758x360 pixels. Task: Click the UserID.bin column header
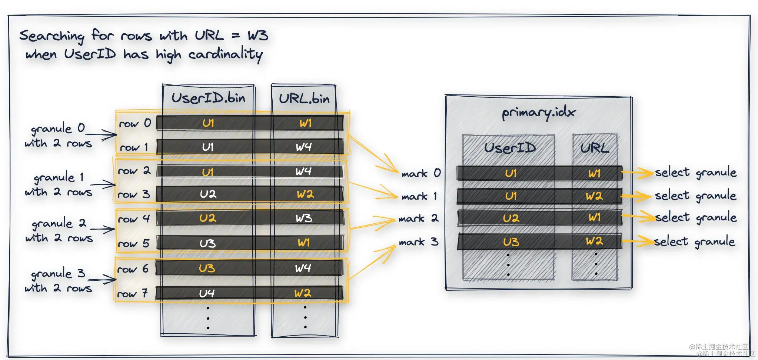pyautogui.click(x=208, y=98)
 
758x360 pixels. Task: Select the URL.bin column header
pyautogui.click(x=304, y=99)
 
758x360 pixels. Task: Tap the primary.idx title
pyautogui.click(x=538, y=113)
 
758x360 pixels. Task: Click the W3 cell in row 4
pyautogui.click(x=304, y=218)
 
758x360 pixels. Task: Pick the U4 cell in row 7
pyautogui.click(x=207, y=294)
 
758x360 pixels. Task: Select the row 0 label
pyautogui.click(x=135, y=123)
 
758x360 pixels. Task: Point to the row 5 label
pyautogui.click(x=133, y=244)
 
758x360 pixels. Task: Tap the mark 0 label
pyautogui.click(x=421, y=173)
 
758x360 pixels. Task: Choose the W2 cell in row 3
pyautogui.click(x=305, y=194)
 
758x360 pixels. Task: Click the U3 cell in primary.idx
pyautogui.click(x=511, y=242)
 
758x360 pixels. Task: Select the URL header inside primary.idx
pyautogui.click(x=594, y=148)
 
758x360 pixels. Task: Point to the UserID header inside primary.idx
pyautogui.click(x=510, y=148)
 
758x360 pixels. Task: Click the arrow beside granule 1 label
pyautogui.click(x=103, y=184)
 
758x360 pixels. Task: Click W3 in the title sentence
pyautogui.click(x=257, y=36)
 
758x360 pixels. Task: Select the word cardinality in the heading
pyautogui.click(x=225, y=55)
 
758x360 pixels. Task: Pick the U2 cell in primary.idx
pyautogui.click(x=511, y=218)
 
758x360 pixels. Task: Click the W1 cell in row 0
pyautogui.click(x=305, y=123)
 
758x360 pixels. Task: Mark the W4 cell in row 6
pyautogui.click(x=303, y=268)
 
